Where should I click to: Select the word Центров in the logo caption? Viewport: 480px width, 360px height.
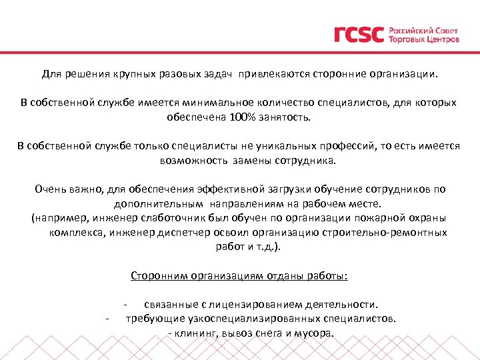tap(441, 39)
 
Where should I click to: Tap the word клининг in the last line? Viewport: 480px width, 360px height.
tap(199, 333)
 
